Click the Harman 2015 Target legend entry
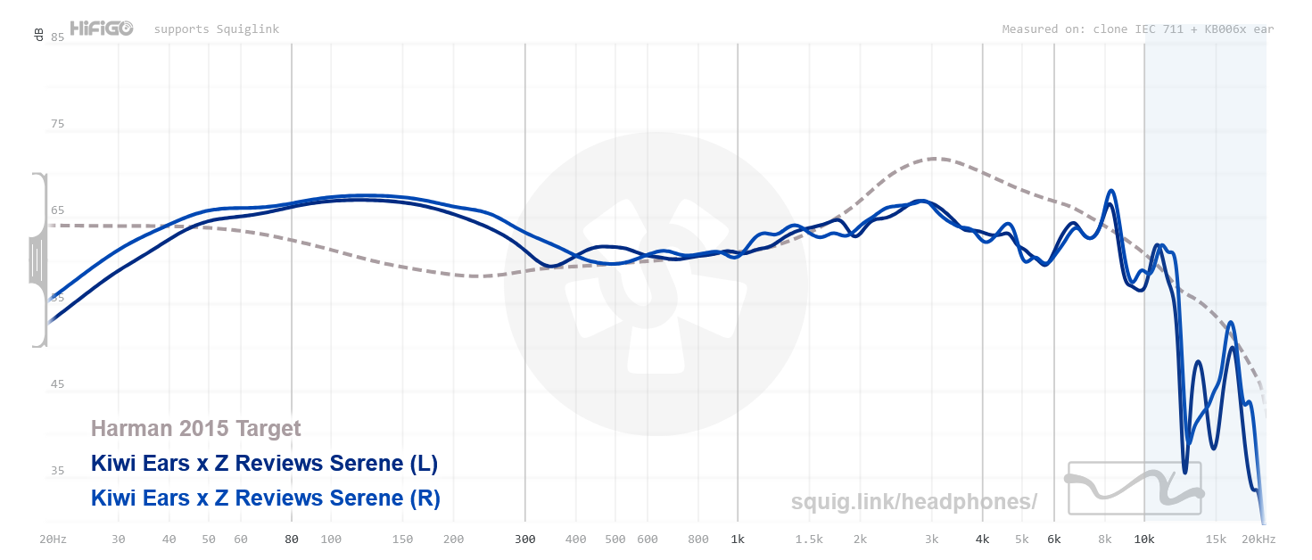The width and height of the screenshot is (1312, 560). (196, 429)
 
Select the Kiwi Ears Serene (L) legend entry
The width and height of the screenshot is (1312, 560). (264, 464)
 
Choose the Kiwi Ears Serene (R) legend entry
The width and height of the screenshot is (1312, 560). (266, 498)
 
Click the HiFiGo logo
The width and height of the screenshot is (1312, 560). (102, 29)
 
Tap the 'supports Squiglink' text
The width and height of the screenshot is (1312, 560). (217, 29)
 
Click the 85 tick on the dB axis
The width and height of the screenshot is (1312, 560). (57, 37)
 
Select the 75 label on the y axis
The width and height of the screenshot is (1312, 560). (57, 124)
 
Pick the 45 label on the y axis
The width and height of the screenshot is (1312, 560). (57, 384)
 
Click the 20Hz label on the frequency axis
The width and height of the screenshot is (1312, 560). (53, 539)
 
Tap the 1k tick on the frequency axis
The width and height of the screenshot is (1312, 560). (737, 539)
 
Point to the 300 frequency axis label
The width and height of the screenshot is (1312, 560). (524, 539)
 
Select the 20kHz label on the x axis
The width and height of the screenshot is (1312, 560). (1258, 539)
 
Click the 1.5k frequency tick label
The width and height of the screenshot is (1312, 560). (809, 539)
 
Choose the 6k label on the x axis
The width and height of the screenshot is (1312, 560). (1053, 539)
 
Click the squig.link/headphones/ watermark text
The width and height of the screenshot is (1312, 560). (914, 502)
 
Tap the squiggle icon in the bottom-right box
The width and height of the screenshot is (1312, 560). (1135, 488)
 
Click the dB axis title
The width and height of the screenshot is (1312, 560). (38, 35)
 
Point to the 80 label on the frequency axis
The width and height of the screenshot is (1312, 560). (291, 539)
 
